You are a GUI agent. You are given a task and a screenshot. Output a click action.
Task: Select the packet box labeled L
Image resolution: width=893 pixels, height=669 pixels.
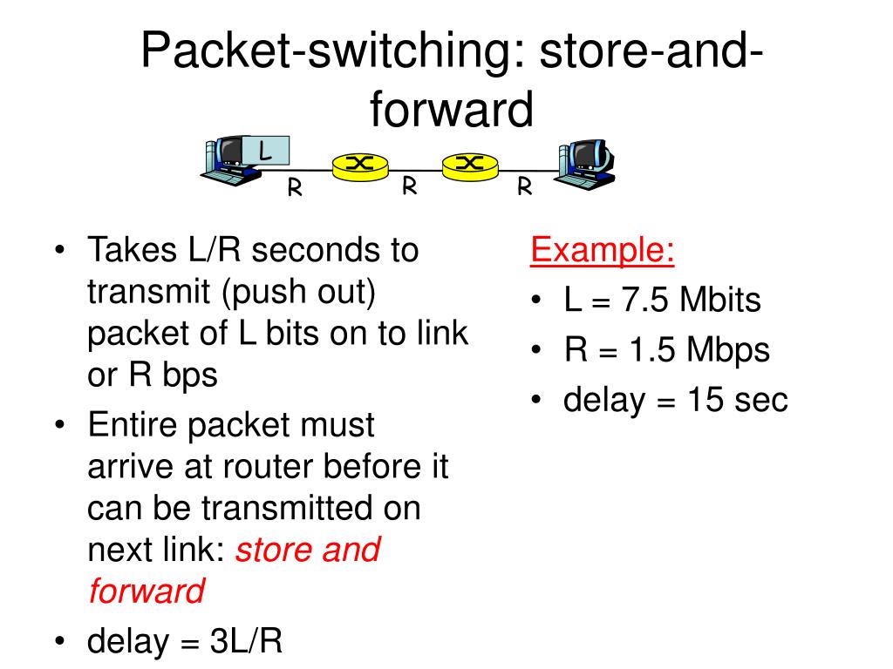click(x=265, y=151)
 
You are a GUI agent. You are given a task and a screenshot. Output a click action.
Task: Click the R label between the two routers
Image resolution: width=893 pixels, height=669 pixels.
click(x=407, y=186)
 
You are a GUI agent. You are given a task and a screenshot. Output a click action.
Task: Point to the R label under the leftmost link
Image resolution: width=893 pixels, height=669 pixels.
click(x=295, y=188)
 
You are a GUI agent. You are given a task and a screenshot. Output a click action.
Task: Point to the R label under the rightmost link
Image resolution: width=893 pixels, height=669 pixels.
click(x=524, y=187)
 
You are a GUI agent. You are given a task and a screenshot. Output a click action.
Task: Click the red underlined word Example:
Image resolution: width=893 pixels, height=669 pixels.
click(x=603, y=252)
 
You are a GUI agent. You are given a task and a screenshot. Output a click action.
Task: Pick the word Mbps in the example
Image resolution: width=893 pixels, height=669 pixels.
click(x=727, y=351)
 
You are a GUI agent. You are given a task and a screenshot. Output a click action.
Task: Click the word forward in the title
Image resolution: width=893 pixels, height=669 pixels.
click(x=450, y=111)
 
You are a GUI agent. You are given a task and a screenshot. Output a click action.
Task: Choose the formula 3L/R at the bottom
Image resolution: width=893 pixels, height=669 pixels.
click(x=246, y=642)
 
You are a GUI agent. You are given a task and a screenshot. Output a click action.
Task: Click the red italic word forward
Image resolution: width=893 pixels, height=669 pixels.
click(x=146, y=592)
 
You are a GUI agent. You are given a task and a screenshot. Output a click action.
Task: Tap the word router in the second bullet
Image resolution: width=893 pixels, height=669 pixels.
click(x=271, y=468)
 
